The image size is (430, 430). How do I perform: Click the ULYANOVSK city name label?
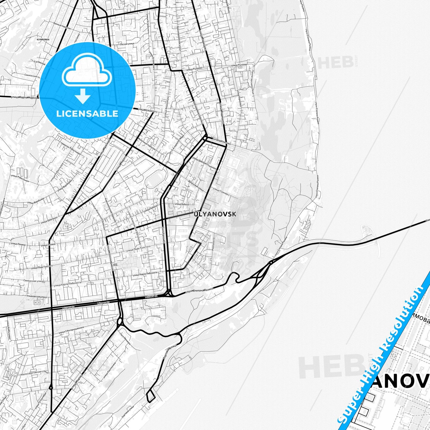215,214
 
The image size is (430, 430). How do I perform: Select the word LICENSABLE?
87,113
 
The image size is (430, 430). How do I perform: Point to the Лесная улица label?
127,43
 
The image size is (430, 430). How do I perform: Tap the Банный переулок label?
62,30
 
